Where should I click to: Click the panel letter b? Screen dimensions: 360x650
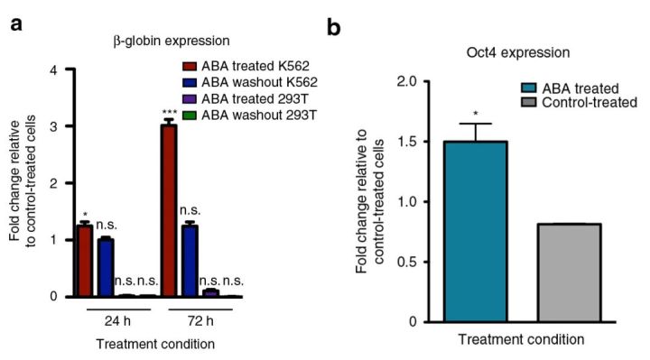point(334,28)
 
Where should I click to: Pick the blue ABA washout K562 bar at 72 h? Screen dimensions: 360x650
point(216,261)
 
